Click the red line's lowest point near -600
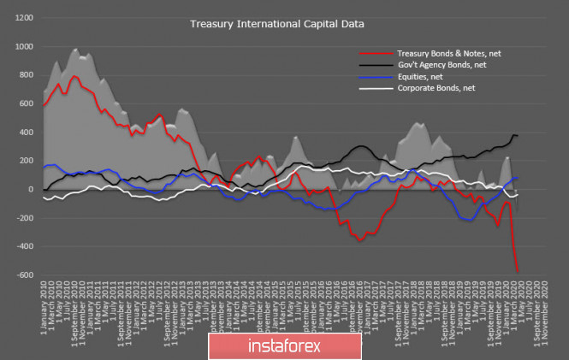click(x=518, y=272)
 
